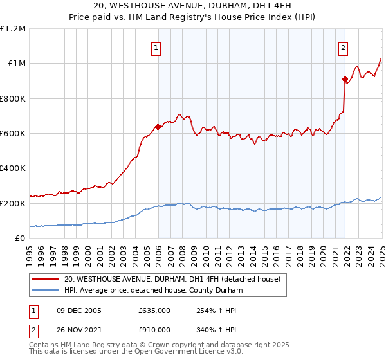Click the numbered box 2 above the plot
(x=344, y=46)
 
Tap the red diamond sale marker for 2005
(x=158, y=127)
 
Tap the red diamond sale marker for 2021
(x=345, y=79)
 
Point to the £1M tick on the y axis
(x=15, y=63)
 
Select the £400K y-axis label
(x=13, y=168)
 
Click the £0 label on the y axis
(x=21, y=238)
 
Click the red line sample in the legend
(x=46, y=280)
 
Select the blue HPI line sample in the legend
(x=46, y=291)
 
